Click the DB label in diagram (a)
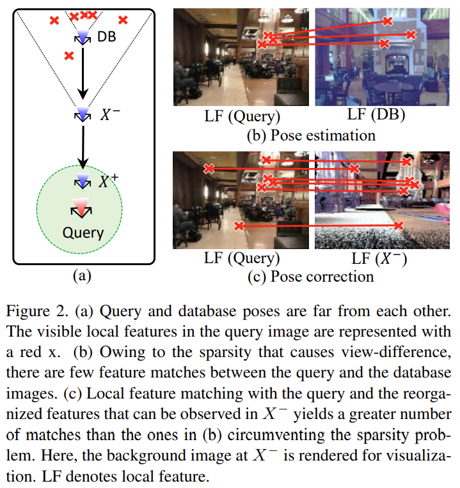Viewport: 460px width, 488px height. click(107, 38)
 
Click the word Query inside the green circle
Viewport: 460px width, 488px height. click(83, 232)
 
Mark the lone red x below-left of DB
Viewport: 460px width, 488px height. click(68, 56)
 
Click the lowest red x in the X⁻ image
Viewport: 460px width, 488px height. click(399, 225)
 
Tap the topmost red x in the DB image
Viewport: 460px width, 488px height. click(387, 21)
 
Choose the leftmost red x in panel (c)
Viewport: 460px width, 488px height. click(209, 169)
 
